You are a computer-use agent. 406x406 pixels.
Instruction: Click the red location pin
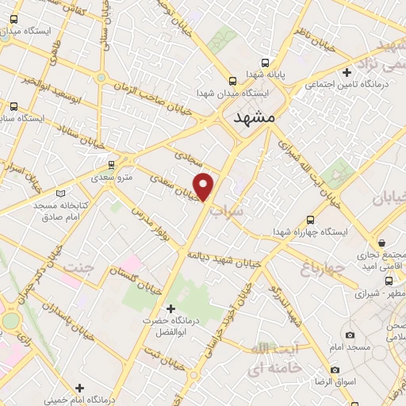tap(205, 186)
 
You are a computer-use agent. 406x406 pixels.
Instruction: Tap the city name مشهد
tap(255, 117)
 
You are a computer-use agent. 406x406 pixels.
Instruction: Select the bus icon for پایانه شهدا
tap(266, 62)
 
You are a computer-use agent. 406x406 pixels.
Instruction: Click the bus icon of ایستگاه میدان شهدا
tap(232, 81)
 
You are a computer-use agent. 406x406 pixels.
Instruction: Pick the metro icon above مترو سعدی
tap(111, 165)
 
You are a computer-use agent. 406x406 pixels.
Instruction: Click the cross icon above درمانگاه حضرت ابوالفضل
tap(169, 308)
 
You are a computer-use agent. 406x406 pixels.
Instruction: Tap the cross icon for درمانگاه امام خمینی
tap(79, 387)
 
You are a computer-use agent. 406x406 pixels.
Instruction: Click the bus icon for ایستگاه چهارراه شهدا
tap(309, 219)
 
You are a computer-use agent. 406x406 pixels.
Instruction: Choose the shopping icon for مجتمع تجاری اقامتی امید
tap(382, 242)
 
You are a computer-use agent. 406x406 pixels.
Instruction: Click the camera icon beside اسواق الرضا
tap(335, 370)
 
